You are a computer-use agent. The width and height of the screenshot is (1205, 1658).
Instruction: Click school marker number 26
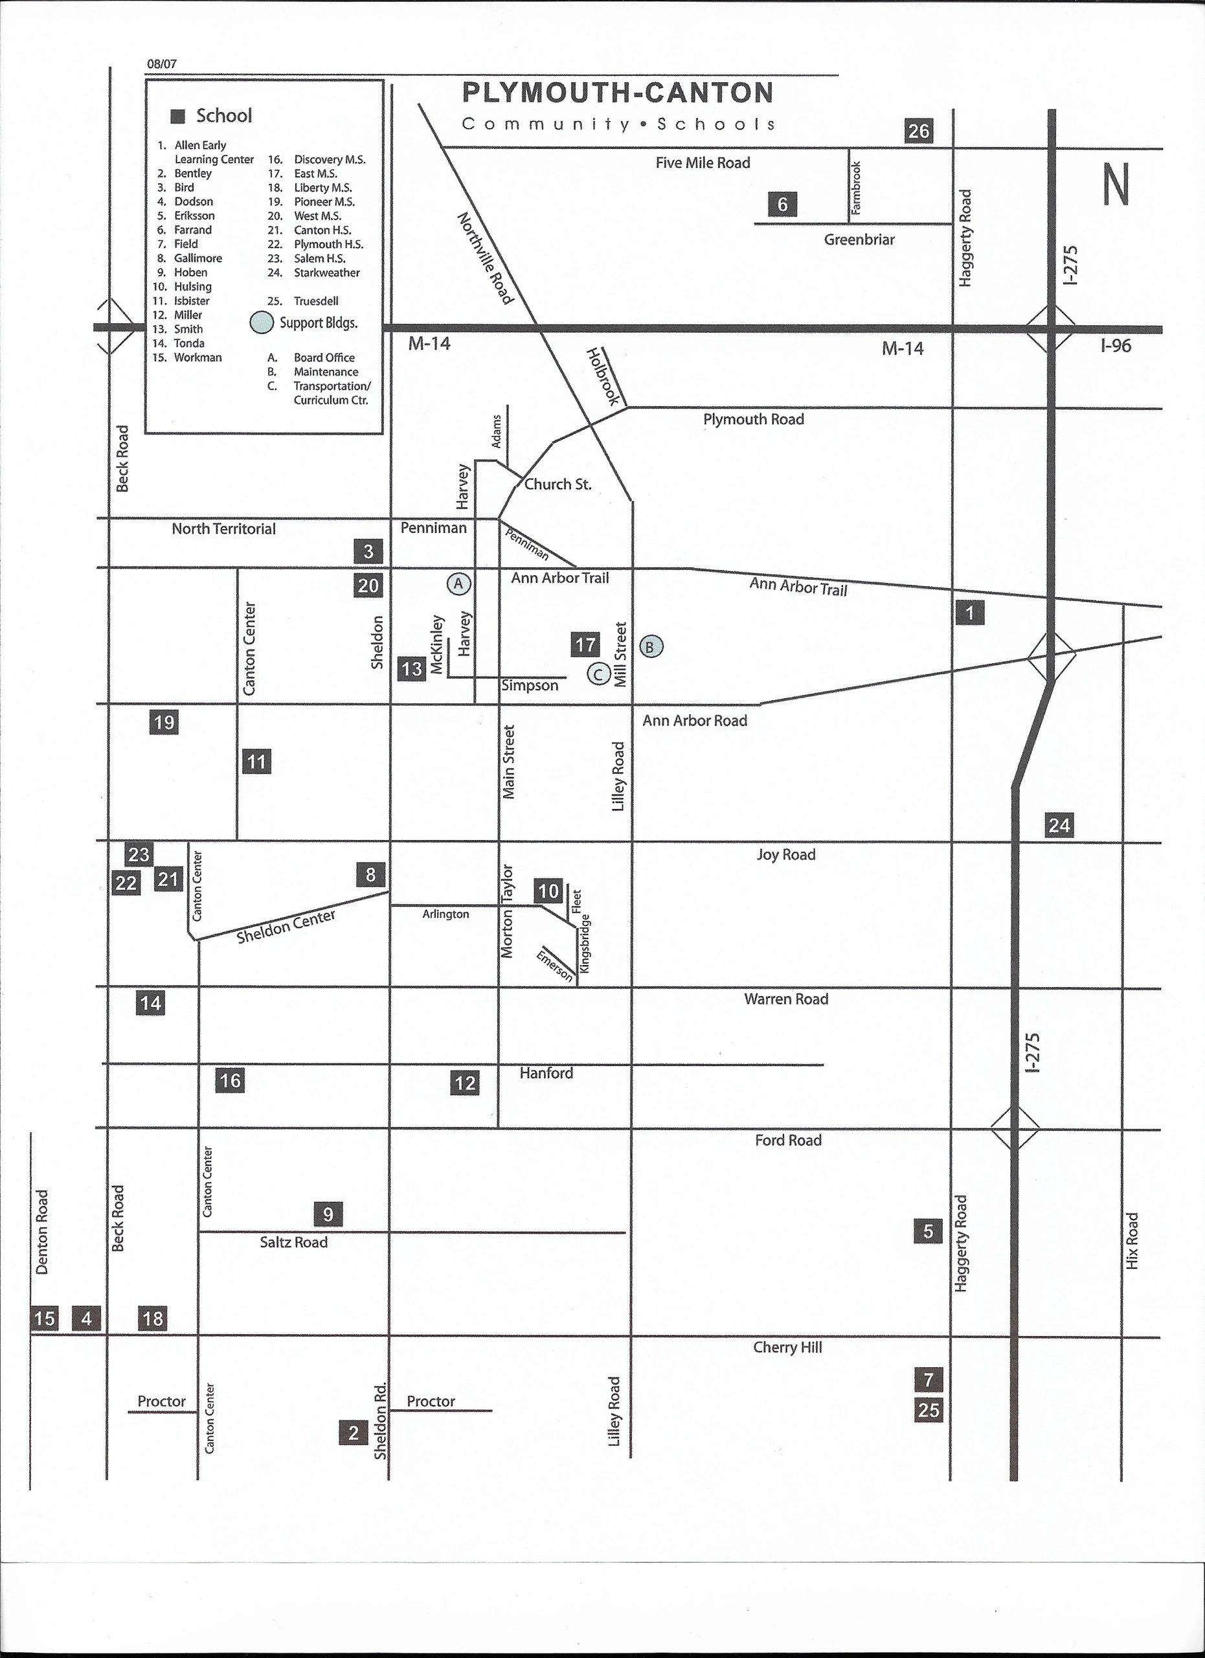(919, 131)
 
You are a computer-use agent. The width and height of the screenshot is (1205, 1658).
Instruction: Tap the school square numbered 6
(783, 204)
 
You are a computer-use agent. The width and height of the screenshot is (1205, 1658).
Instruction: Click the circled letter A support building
(459, 584)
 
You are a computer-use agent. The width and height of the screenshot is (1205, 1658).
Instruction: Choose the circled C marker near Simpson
(598, 674)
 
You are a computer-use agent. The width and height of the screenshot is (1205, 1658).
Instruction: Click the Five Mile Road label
(703, 163)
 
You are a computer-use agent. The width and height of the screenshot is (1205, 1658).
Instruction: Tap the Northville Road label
(485, 258)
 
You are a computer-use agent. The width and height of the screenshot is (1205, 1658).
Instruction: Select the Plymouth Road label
(754, 420)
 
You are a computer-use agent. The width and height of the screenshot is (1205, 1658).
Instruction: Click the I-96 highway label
(1116, 346)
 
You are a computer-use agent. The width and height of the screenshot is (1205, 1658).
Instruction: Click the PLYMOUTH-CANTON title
(618, 93)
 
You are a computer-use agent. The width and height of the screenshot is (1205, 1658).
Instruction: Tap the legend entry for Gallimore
(197, 258)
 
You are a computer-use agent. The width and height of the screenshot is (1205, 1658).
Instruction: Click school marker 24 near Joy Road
(1059, 825)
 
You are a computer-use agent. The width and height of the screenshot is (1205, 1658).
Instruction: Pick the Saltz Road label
(294, 1242)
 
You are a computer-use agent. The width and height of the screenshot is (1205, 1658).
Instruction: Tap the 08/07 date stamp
(161, 63)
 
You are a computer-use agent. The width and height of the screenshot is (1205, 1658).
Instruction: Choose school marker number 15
(45, 1319)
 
